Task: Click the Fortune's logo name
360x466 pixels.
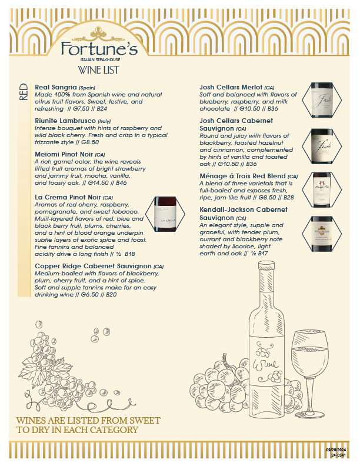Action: (99, 49)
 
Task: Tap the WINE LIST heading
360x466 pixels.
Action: (98, 70)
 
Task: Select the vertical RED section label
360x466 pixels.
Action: (24, 92)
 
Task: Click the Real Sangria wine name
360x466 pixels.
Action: (56, 87)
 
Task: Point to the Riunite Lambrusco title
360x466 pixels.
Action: (65, 121)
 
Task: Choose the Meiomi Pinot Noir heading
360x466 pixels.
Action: (64, 155)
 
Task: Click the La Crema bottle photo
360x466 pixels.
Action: (165, 214)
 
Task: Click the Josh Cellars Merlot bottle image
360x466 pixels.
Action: (322, 100)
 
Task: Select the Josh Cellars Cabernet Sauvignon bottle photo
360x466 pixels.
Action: (322, 147)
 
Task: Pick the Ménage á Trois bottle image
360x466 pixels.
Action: (322, 189)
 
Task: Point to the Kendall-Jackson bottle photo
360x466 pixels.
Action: (322, 234)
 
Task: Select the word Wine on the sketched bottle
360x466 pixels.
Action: (265, 364)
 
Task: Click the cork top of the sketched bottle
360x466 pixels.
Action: (266, 265)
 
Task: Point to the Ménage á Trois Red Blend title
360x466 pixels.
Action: (242, 177)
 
